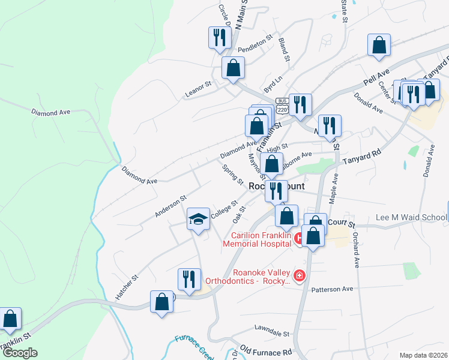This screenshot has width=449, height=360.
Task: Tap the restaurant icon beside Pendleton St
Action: tap(218, 38)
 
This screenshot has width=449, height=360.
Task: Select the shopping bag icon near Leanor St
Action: tap(233, 68)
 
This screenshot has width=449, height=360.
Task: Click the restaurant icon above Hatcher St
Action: tap(189, 279)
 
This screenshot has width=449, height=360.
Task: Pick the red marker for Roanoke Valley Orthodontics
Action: tap(299, 276)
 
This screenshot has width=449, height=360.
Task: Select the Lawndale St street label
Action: tap(271, 334)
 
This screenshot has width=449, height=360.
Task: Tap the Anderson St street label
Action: tap(171, 205)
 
